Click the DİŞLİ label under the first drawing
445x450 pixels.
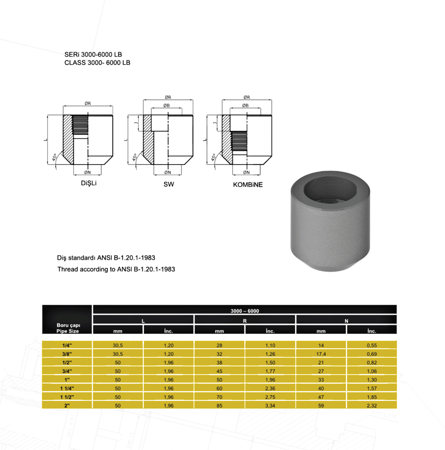pos(89,183)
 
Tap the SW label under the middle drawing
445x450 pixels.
pos(169,184)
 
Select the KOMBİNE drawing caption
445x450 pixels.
pos(247,185)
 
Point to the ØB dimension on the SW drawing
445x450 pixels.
pos(166,105)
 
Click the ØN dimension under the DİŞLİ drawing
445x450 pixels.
pos(87,172)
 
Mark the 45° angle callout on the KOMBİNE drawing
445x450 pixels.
pos(214,157)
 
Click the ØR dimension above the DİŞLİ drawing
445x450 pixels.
pos(88,103)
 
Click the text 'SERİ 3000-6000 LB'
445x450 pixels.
pos(93,55)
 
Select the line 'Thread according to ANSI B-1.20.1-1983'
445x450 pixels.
pos(116,269)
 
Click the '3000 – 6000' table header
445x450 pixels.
pos(245,311)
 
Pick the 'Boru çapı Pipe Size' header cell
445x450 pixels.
pos(67,328)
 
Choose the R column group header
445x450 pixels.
pos(245,321)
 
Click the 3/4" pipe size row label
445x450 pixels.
pos(67,371)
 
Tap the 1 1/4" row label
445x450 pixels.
pos(67,388)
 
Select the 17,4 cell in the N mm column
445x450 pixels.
pos(321,354)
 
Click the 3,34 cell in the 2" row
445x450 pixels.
pos(270,406)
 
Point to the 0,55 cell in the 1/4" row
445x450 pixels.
pos(372,345)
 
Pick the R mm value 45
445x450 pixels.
pos(219,371)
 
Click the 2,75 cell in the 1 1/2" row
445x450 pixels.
pos(270,397)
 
